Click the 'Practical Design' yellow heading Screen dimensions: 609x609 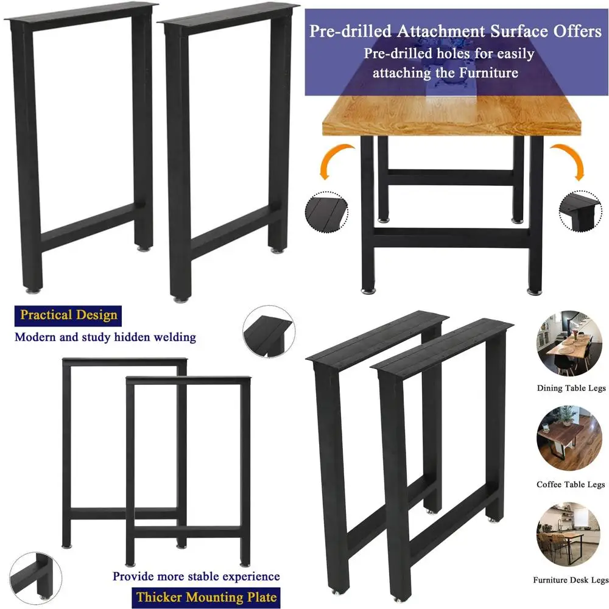[x=68, y=315]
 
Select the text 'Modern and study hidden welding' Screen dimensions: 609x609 [x=105, y=336]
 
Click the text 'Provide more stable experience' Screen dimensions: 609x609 [x=196, y=576]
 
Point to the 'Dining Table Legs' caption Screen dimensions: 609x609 [x=566, y=388]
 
